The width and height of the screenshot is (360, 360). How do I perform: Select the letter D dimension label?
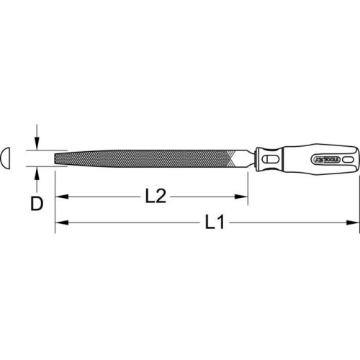[x=35, y=203]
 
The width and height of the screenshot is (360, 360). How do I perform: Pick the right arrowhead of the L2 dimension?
[x=243, y=195]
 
